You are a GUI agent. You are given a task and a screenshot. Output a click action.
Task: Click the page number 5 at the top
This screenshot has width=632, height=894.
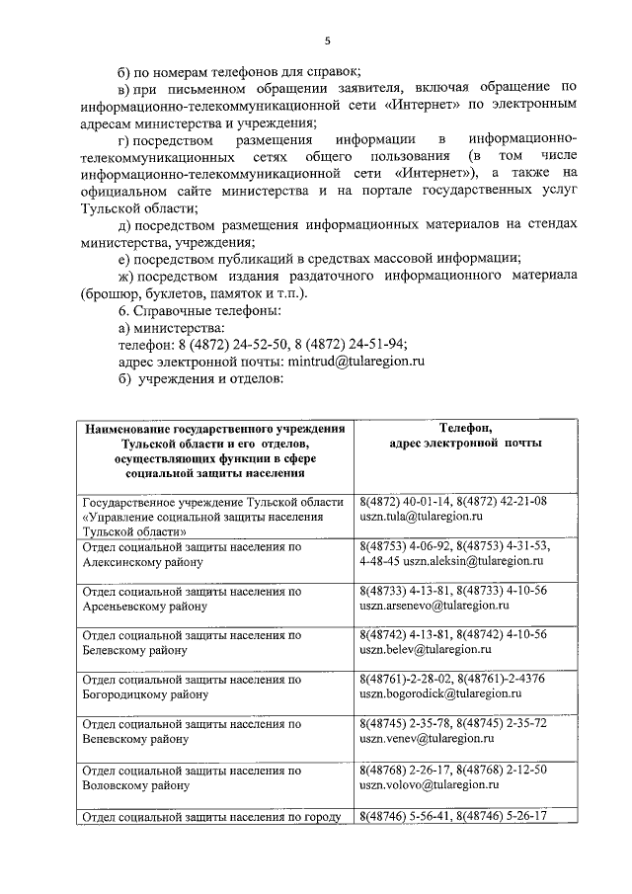[x=327, y=41]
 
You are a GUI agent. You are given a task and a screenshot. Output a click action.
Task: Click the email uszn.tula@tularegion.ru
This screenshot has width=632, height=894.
[x=421, y=517]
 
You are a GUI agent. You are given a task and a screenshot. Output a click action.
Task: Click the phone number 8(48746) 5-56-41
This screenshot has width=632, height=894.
[x=405, y=815]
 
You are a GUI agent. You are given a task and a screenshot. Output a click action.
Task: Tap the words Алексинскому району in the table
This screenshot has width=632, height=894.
[x=143, y=561]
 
